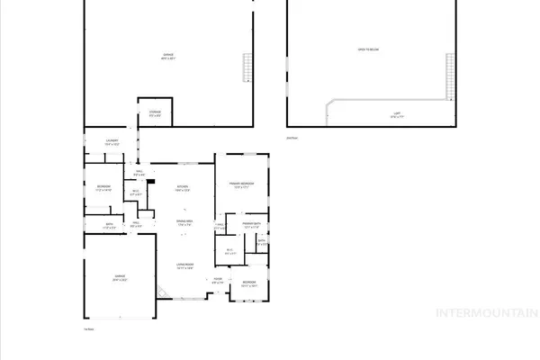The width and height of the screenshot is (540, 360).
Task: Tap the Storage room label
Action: click(x=155, y=113)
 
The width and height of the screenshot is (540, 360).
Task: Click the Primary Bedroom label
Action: click(x=241, y=187)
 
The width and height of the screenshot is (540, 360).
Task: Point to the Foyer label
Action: click(x=217, y=280)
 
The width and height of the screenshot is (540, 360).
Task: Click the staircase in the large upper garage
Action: click(x=246, y=67)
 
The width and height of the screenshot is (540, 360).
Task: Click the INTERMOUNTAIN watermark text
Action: click(x=485, y=314)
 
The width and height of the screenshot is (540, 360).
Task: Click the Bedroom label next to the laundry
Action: click(x=104, y=188)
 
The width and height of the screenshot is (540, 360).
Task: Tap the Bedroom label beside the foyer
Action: click(x=249, y=285)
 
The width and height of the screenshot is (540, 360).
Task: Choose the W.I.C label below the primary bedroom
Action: click(x=229, y=251)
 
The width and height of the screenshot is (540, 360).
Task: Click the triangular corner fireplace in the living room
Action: click(x=162, y=292)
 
